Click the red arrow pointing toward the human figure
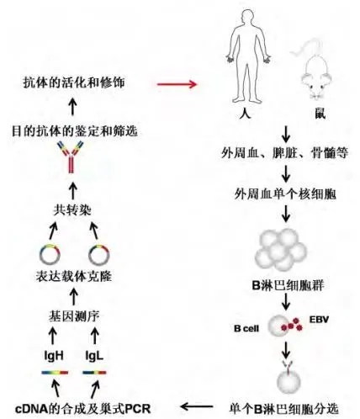click(177, 84)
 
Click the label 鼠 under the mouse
click(320, 114)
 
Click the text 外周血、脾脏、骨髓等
click(285, 153)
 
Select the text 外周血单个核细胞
click(285, 194)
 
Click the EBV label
click(319, 320)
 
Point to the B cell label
click(246, 328)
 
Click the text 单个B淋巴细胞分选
click(283, 409)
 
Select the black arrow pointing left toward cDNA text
click(197, 406)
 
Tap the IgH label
click(54, 356)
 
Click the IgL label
click(94, 356)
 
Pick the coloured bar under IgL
click(94, 373)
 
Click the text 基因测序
click(74, 316)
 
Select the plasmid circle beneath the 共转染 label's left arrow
click(50, 254)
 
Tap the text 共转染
click(72, 210)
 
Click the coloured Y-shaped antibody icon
click(71, 157)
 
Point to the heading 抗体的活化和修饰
click(74, 82)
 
